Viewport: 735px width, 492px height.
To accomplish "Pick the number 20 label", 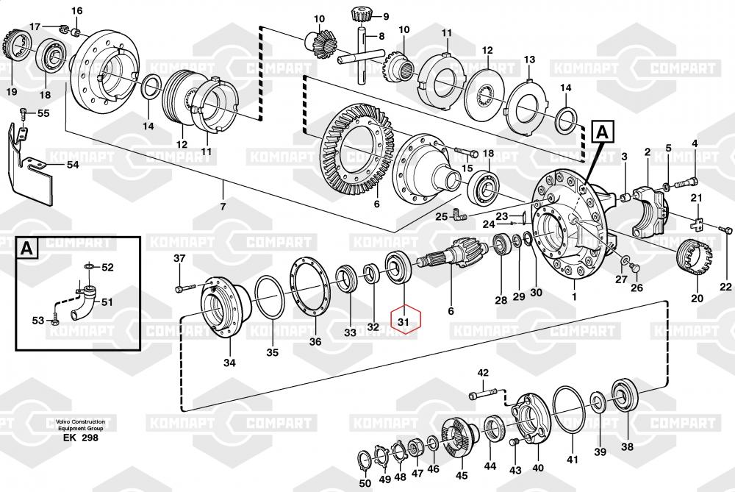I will (697, 299).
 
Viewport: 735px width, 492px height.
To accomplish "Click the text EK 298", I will (80, 438).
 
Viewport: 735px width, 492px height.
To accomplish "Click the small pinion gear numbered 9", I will (361, 13).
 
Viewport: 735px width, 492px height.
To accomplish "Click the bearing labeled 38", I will (627, 397).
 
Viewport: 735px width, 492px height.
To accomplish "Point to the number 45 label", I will (462, 474).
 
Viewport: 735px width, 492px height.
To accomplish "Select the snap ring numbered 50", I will (364, 461).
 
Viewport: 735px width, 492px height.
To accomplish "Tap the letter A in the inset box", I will (26, 249).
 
